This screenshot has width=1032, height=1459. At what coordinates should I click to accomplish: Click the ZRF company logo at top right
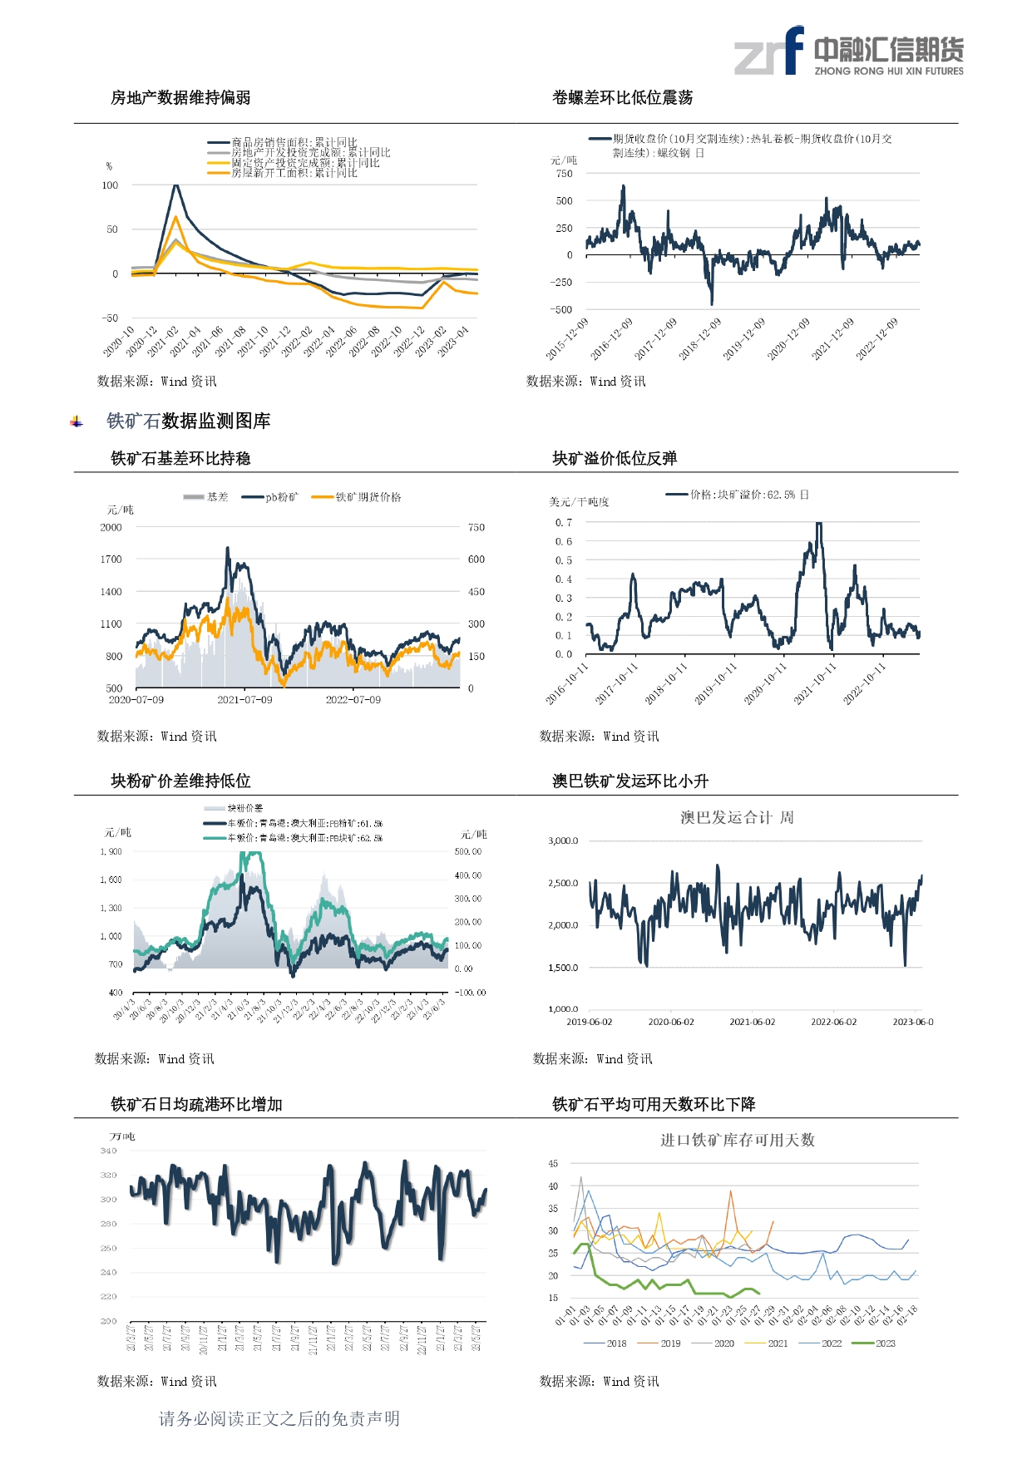point(848,52)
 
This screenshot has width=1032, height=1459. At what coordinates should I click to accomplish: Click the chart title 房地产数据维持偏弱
point(180,98)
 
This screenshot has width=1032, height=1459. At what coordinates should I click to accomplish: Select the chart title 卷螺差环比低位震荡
point(622,98)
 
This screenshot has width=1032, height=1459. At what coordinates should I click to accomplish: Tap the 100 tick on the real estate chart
point(110,185)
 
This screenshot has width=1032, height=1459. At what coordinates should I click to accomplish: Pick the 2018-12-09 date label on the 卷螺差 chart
point(700,339)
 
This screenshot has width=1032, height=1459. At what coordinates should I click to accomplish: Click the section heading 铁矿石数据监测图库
point(188,421)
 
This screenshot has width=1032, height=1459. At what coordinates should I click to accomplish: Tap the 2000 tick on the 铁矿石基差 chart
point(111,528)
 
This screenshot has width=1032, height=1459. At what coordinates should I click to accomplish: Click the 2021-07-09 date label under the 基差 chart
point(244,700)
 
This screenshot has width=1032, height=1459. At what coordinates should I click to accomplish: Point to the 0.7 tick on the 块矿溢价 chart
point(563,523)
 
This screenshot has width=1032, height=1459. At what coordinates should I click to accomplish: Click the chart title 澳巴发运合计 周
point(737,818)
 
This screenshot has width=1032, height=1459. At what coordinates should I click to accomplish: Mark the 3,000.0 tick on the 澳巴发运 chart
point(563,841)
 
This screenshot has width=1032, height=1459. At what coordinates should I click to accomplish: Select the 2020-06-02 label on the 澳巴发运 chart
point(671,1023)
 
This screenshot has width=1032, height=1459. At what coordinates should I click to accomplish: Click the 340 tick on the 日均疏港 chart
point(108,1151)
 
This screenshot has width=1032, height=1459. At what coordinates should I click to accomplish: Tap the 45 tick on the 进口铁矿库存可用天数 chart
point(553,1164)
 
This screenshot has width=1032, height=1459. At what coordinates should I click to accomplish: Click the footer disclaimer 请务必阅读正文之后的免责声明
point(279,1419)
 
